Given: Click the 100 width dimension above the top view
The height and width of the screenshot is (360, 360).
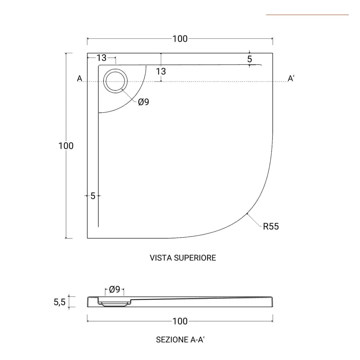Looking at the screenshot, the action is click(180, 39).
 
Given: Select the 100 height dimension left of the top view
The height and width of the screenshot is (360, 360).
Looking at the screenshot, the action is click(66, 146).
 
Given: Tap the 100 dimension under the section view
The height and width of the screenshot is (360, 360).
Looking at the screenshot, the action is click(180, 321).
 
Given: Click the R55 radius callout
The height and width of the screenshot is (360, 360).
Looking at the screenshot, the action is click(271, 226).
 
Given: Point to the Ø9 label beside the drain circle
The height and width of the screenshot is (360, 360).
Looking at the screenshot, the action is click(144, 102).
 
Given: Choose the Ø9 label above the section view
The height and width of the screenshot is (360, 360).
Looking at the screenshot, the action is click(114, 289).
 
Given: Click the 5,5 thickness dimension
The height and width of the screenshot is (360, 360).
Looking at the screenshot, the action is click(60, 302).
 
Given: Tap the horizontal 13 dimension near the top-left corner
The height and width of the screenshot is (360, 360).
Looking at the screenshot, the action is click(101, 58).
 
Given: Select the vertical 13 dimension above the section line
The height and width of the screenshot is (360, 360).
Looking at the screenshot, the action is click(161, 72).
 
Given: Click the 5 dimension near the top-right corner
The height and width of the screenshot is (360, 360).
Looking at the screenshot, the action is click(250, 59).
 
